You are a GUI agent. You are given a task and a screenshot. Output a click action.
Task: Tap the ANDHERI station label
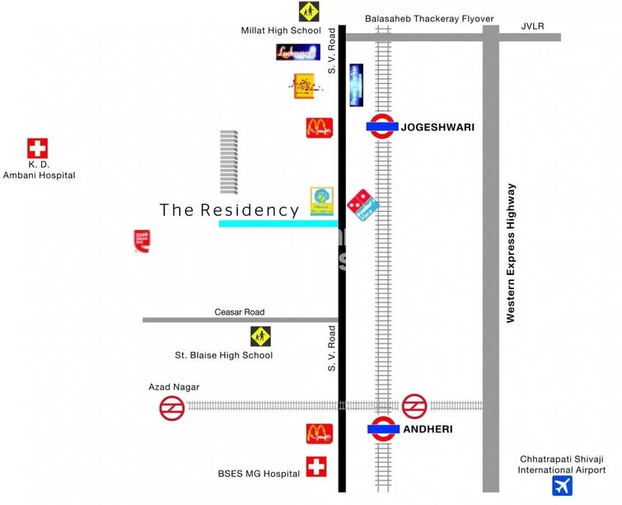tap(428, 429)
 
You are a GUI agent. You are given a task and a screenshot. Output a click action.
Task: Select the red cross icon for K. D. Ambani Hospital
tap(38, 149)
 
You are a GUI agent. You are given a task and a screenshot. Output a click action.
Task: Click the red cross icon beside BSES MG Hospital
tap(316, 467)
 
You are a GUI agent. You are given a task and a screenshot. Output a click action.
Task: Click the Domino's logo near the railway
tap(360, 201)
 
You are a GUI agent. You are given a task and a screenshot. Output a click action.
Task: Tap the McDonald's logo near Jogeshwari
tap(319, 128)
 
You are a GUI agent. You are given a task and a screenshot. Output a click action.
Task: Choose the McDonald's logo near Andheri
tap(319, 433)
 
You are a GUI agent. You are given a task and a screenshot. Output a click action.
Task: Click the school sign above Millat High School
tap(310, 12)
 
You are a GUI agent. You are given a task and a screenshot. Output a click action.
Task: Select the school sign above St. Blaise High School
tap(261, 336)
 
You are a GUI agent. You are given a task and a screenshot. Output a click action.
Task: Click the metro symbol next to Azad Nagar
tap(172, 408)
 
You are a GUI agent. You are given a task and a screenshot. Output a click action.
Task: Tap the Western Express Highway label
tap(511, 253)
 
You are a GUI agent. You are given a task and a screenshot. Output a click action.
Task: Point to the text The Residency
tap(229, 211)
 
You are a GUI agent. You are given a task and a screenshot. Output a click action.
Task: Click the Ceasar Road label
tap(240, 312)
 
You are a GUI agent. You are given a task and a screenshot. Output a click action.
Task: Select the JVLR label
tap(533, 26)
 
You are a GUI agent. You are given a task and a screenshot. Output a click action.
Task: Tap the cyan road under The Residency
tap(278, 223)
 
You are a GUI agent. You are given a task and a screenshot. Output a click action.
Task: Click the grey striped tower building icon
tap(228, 161)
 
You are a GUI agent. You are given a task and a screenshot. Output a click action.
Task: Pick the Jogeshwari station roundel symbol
tap(381, 127)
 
